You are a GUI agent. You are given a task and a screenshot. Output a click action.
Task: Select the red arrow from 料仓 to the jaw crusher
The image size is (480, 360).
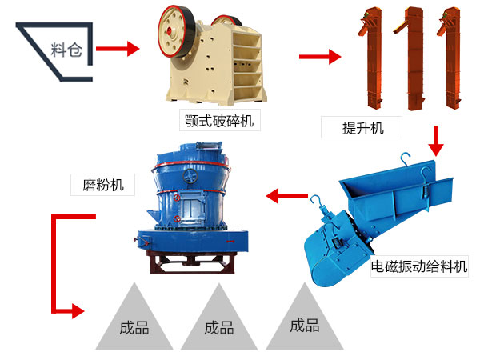point(118,49)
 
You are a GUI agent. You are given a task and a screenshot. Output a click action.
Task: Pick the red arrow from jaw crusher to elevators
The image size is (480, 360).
point(319,57)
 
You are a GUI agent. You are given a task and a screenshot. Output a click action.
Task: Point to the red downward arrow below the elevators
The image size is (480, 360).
point(436,141)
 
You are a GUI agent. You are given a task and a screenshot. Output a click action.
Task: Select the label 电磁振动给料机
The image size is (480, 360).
point(418,266)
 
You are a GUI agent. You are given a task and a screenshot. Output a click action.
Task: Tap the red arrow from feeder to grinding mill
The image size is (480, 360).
point(287,194)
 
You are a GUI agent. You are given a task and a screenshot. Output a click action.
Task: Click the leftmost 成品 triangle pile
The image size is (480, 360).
point(133,320)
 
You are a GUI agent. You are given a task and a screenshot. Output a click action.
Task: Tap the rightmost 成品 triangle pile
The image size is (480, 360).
point(304,320)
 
